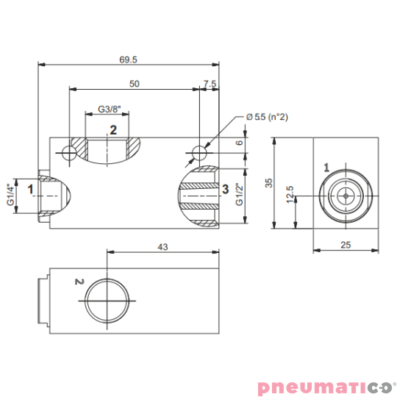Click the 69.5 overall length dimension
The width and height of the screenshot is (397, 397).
[x=128, y=60]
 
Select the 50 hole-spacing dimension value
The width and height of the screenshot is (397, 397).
[x=135, y=84]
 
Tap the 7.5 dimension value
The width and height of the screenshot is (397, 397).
[x=210, y=84]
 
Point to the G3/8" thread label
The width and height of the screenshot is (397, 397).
[x=110, y=110]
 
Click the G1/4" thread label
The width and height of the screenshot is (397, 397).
[x=11, y=194]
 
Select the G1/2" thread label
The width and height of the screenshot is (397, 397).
[x=239, y=194]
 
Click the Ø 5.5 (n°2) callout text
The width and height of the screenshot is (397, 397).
[x=267, y=117]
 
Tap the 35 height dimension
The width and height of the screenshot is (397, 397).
[x=269, y=183]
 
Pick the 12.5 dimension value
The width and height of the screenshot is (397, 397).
[x=290, y=194]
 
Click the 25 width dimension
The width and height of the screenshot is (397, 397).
[x=346, y=245]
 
